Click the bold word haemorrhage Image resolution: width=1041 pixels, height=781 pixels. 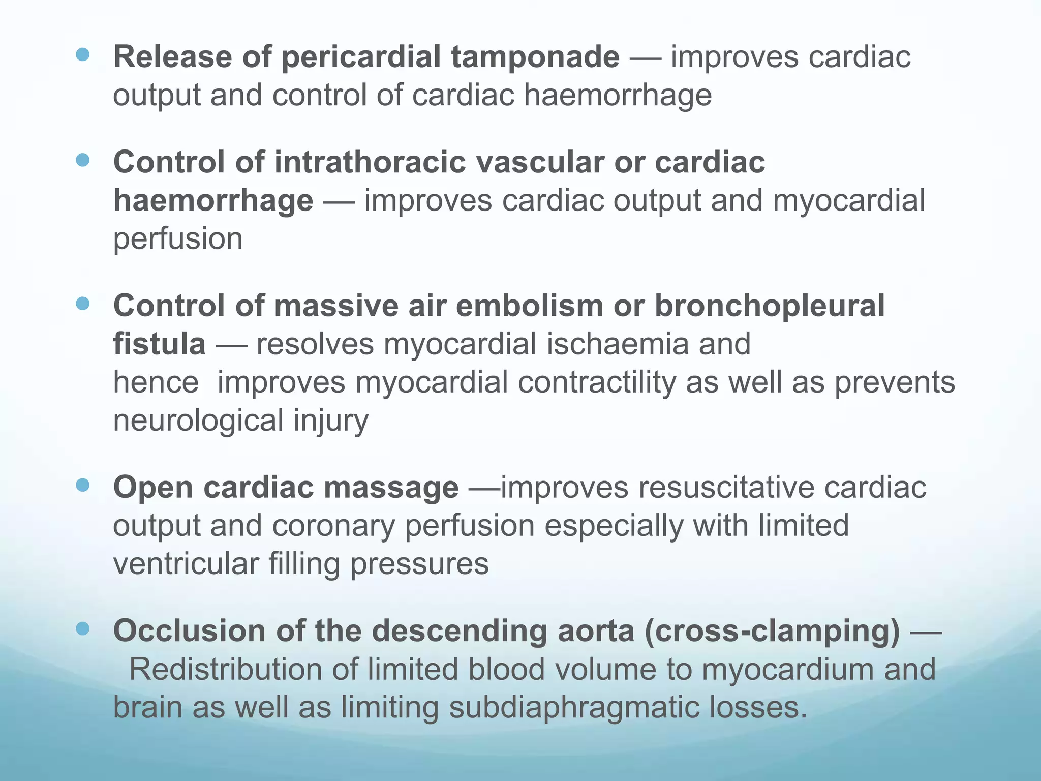click(x=213, y=200)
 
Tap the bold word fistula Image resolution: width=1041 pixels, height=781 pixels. click(x=159, y=344)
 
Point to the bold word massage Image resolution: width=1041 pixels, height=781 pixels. click(x=391, y=487)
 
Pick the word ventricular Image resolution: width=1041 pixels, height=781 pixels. click(x=186, y=564)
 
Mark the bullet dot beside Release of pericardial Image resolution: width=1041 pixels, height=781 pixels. click(x=82, y=54)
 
